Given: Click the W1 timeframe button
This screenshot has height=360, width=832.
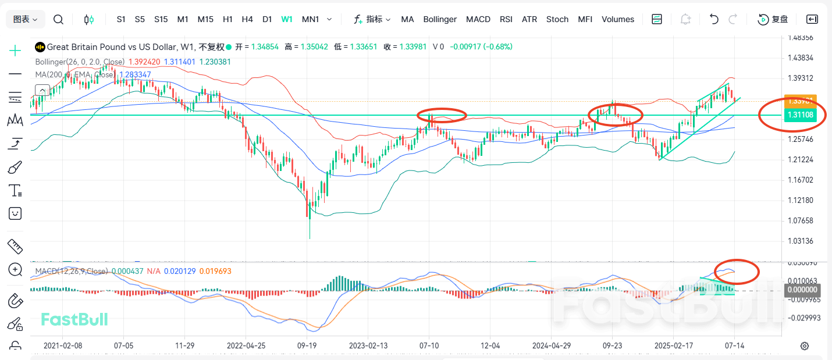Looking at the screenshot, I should [287, 19].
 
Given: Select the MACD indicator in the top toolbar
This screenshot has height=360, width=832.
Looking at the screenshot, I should [478, 19].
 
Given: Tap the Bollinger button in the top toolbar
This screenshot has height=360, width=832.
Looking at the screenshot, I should [440, 19].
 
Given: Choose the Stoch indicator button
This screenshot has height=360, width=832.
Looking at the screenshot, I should [557, 19].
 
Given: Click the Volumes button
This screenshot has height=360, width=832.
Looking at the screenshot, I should [618, 19].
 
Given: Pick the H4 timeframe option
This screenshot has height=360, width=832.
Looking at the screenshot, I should [247, 19].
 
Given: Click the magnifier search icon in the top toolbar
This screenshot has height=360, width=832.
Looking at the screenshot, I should [58, 19].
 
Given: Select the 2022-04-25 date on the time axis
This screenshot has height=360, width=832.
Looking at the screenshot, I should [246, 345].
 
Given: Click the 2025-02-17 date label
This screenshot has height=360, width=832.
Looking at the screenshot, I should [673, 345].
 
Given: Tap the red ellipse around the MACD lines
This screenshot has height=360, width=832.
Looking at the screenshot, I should [737, 271].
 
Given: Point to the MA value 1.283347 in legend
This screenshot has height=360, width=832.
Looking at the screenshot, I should [134, 74].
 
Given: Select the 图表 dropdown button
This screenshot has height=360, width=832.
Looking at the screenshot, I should [26, 19].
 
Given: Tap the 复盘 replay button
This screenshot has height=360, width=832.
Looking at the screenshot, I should [773, 19].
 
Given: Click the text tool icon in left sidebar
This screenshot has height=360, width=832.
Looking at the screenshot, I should [15, 190].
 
